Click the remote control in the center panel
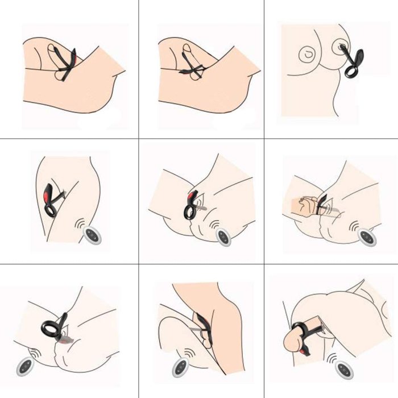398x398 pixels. [223, 236]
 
